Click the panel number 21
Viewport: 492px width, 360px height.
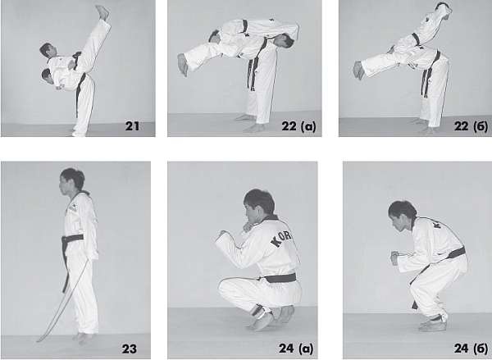tap(132, 125)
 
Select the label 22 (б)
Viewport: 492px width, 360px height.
tap(471, 125)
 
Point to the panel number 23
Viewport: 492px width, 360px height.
tap(130, 349)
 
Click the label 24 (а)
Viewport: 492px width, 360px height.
tap(296, 349)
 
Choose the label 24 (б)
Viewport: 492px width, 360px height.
tap(471, 349)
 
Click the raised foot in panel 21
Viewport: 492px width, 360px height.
tap(102, 12)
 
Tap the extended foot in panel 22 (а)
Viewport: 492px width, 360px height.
tap(183, 64)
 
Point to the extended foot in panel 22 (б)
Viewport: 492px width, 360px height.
tap(359, 70)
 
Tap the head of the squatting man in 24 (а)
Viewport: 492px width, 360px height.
tap(258, 206)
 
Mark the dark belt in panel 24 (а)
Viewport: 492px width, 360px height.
tap(280, 278)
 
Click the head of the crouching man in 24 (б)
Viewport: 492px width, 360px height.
tap(402, 215)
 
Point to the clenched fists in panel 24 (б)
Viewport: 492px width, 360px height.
tap(394, 257)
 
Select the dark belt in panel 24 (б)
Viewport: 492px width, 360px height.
tap(454, 253)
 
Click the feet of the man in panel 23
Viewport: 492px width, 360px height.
tap(82, 338)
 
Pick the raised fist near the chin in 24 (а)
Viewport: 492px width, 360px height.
tap(247, 226)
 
